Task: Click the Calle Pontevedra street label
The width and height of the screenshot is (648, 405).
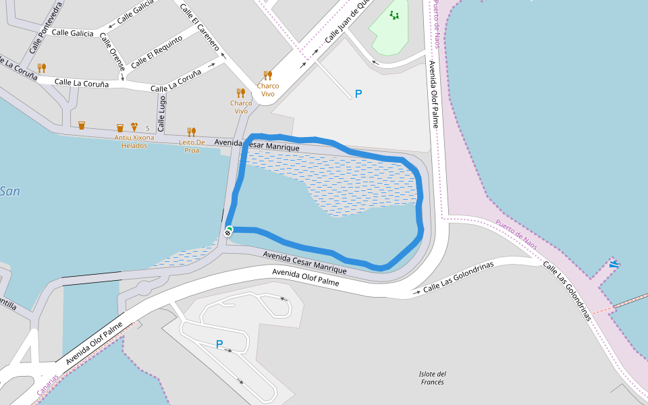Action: click(x=45, y=28)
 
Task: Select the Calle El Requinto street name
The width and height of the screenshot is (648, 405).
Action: click(x=157, y=51)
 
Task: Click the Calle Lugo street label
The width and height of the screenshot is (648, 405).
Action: click(x=161, y=113)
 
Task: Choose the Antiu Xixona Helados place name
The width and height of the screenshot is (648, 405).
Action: click(x=134, y=142)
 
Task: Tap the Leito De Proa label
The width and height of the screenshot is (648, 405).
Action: click(x=192, y=146)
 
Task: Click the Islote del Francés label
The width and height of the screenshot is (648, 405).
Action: click(x=433, y=378)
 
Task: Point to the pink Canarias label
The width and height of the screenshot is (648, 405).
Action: click(x=48, y=385)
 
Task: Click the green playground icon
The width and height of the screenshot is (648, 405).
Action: click(x=394, y=15)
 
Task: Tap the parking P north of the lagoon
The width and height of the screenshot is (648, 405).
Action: click(x=358, y=94)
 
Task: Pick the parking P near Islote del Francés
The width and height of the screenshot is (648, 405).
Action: click(x=219, y=344)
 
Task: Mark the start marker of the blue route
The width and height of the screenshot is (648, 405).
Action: click(x=230, y=230)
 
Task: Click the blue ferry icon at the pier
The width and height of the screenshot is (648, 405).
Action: click(x=614, y=263)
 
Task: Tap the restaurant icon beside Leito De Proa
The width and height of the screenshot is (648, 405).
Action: click(x=192, y=132)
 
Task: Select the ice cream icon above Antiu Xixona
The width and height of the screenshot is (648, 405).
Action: click(x=134, y=126)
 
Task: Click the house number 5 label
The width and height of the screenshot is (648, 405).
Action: click(x=147, y=128)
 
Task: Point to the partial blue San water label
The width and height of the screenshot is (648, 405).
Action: click(x=9, y=192)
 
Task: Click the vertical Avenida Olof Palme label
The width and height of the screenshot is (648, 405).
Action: click(x=433, y=94)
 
